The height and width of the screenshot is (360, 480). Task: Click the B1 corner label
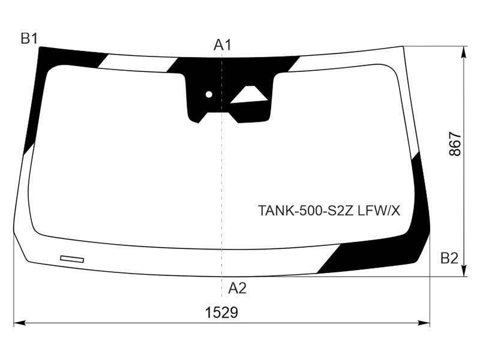click(x=29, y=38)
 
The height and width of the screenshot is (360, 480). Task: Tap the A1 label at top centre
click(x=222, y=46)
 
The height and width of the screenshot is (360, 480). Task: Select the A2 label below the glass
click(x=237, y=289)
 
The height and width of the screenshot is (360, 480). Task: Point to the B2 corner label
click(x=449, y=259)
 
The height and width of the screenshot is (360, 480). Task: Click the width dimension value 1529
click(x=221, y=313)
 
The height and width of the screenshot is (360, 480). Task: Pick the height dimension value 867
click(x=455, y=144)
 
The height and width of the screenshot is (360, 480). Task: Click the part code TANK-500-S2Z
click(x=306, y=211)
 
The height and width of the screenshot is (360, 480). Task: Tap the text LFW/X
click(x=379, y=211)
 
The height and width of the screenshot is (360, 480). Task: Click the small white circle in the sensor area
click(x=209, y=94)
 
